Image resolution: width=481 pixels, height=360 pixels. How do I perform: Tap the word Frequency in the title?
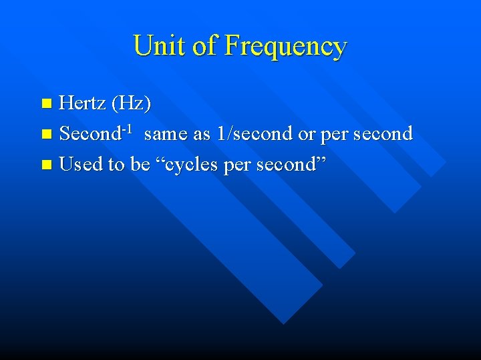286,47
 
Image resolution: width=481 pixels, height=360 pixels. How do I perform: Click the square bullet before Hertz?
46,103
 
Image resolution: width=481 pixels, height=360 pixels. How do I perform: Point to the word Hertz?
83,103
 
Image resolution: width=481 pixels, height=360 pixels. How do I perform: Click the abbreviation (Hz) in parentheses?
131,104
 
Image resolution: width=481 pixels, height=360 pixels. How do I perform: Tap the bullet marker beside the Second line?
46,134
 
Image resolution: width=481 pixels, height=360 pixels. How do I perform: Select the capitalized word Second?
89,133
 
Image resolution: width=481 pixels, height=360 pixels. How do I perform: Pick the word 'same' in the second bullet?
166,134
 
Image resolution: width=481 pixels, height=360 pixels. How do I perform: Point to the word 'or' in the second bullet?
307,134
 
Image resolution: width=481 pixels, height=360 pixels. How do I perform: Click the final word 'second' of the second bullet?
383,133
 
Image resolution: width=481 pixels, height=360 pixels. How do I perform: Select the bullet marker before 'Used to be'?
46,164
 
